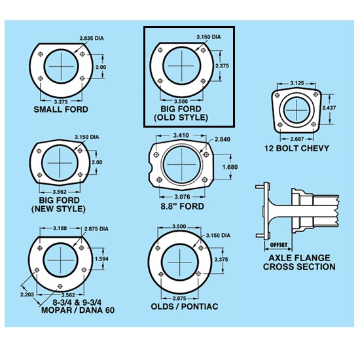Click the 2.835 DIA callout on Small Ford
point(92,38)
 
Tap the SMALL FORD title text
point(61,109)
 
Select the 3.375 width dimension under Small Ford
point(61,101)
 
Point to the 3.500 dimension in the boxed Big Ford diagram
point(181,101)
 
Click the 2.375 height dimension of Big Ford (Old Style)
point(222,66)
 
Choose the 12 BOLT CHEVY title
point(297,149)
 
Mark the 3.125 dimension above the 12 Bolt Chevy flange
point(297,83)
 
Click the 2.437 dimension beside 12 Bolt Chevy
point(329,108)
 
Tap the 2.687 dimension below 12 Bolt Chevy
point(297,139)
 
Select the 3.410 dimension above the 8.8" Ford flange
point(181,135)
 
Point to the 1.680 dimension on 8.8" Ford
point(230,167)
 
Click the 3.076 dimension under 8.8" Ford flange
point(182,197)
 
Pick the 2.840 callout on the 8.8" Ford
point(223,139)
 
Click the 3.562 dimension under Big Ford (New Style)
point(60,192)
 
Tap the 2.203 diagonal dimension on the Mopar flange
point(27,295)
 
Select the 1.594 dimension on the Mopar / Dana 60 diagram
point(101,259)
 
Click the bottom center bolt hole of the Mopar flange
point(60,286)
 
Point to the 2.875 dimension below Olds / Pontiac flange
point(179,298)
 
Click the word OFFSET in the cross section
point(278,245)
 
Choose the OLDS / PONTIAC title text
point(185,307)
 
